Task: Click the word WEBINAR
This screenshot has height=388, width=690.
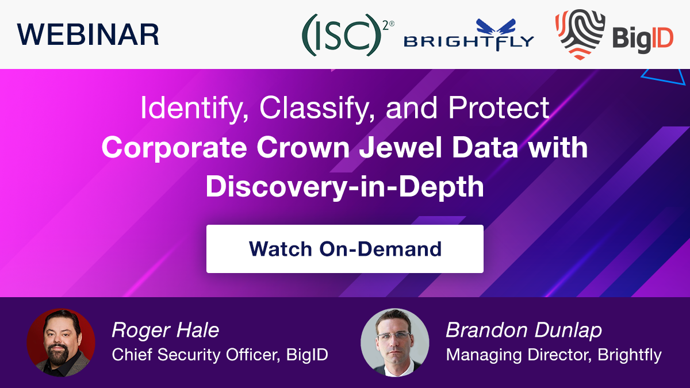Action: pyautogui.click(x=88, y=34)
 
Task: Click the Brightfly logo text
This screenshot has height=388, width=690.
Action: pyautogui.click(x=469, y=42)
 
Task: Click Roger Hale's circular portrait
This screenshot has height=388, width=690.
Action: pyautogui.click(x=61, y=343)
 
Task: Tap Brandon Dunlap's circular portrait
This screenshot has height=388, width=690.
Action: pyautogui.click(x=394, y=343)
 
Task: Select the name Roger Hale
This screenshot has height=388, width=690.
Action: pyautogui.click(x=166, y=330)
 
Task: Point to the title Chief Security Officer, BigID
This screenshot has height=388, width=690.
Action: pyautogui.click(x=220, y=355)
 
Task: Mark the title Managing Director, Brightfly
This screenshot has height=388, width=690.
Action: pyautogui.click(x=554, y=355)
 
